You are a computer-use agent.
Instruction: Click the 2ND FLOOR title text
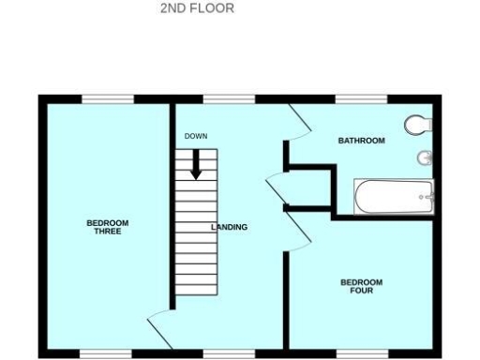coord(197,8)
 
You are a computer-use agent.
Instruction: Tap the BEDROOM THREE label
coord(107,227)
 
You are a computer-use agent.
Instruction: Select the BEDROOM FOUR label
coord(361,286)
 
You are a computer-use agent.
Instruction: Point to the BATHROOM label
coord(361,141)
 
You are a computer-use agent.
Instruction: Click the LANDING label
coord(230,227)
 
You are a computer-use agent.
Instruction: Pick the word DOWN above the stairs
coord(195,137)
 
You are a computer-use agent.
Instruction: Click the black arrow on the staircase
coord(196,165)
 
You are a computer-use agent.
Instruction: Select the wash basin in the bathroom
coord(425,157)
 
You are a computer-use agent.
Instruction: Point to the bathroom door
coord(298,118)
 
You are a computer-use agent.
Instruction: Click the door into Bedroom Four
coord(298,231)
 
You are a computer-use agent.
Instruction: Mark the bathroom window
coord(361,98)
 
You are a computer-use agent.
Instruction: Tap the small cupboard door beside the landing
coord(278,186)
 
